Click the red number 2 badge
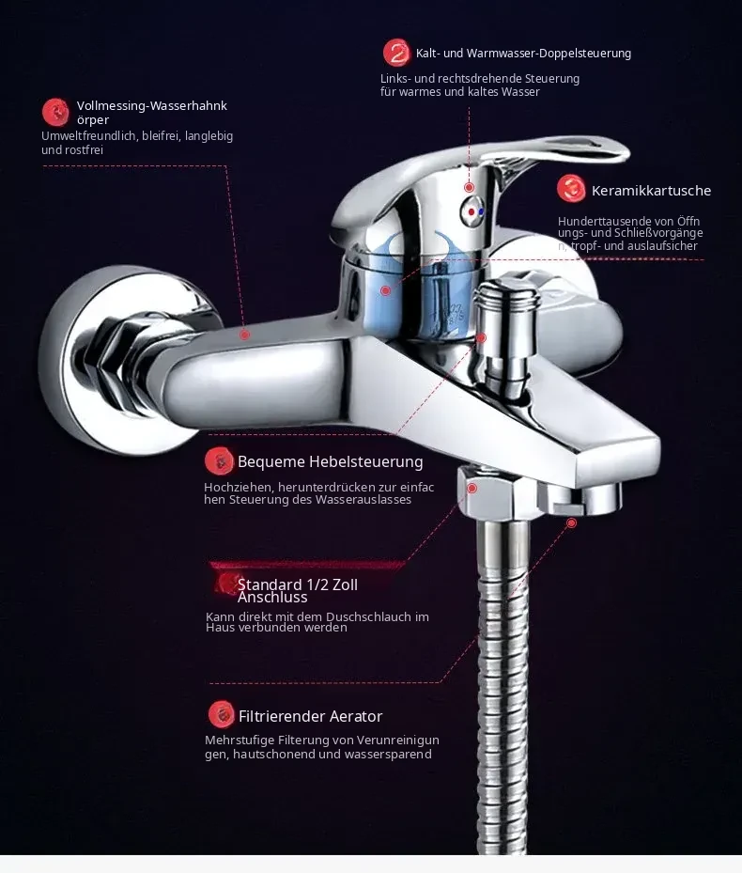pos(397,53)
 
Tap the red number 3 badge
pos(571,188)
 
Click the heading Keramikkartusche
pos(651,191)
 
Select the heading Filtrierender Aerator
pos(310,716)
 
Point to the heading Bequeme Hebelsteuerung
pos(330,461)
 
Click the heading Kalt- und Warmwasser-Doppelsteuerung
pos(523,54)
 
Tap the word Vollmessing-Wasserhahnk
pos(152,106)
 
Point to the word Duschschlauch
pos(370,616)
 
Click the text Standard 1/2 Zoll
pos(297,585)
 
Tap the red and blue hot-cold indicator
pos(473,211)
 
